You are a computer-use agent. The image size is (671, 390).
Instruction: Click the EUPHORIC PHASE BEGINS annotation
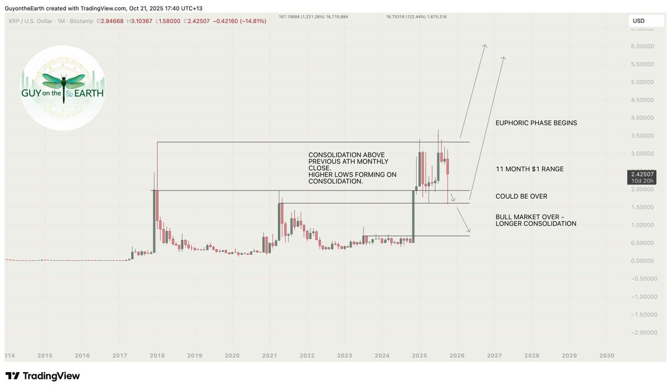(x=536, y=123)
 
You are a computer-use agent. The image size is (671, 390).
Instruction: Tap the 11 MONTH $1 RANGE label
(x=530, y=169)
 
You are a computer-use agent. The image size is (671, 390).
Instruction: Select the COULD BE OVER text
(x=521, y=196)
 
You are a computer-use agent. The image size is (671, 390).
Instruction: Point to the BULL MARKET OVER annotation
(x=536, y=220)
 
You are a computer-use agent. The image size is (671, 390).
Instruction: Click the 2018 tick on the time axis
(x=157, y=355)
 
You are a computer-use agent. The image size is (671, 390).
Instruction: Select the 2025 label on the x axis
(x=419, y=355)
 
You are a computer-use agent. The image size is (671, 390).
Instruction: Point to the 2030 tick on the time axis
(x=607, y=355)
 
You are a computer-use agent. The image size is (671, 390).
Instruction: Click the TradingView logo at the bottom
(x=42, y=376)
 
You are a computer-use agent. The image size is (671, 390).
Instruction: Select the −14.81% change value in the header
(x=253, y=21)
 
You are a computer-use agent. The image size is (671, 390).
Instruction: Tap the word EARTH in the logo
(x=89, y=94)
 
